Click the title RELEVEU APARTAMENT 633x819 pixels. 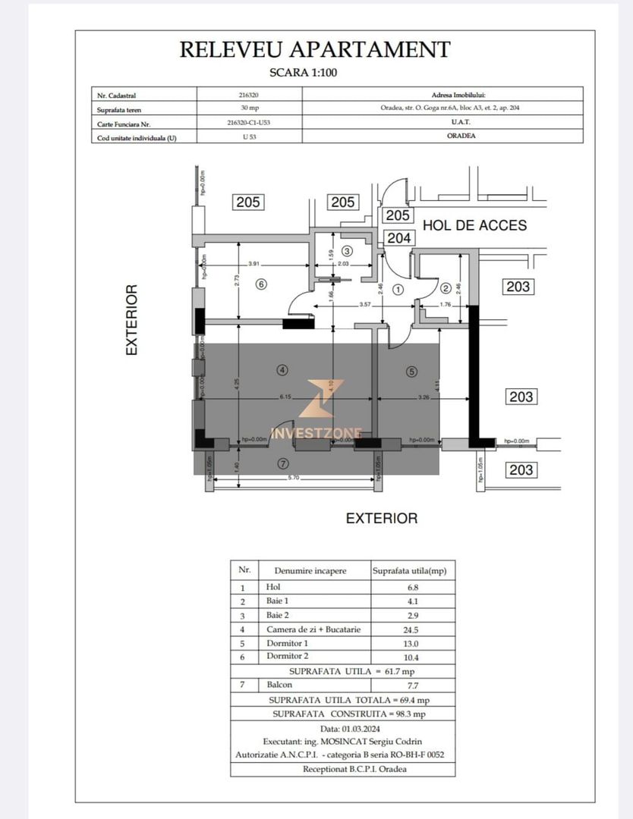pos(315,50)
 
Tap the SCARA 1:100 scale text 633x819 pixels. pos(314,74)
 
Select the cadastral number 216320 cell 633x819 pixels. pos(249,95)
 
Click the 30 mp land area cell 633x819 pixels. pos(249,108)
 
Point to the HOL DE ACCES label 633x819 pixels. pos(474,225)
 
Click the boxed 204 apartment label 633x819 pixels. pos(398,238)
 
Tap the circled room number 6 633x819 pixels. pos(261,284)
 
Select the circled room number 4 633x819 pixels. pos(282,371)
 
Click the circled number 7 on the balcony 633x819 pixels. pos(282,463)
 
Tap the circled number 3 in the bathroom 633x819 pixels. pos(347,251)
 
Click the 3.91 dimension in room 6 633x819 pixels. pos(254,265)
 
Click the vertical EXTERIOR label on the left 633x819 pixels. pos(132,320)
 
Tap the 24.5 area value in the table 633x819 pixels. pos(412,629)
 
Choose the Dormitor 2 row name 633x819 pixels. pos(289,657)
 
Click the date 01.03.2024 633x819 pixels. pos(342,728)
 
